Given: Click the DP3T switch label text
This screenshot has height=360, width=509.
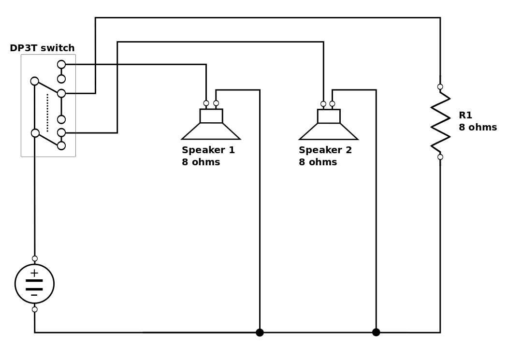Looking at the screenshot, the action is (x=42, y=48).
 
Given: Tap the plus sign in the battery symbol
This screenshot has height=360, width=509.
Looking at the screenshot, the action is (x=34, y=273).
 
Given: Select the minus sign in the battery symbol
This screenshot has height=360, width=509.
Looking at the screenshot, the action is (x=34, y=295).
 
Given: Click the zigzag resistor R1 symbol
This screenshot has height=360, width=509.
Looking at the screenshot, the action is (x=440, y=122).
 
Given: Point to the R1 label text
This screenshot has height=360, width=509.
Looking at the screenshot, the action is (x=465, y=115).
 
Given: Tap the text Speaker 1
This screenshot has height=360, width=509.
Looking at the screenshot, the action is (x=208, y=150).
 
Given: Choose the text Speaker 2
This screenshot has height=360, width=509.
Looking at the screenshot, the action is (x=325, y=150).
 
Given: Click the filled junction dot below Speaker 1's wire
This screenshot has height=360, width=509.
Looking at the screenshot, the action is (x=260, y=332).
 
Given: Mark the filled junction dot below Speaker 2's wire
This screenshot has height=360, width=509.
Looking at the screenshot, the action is (x=376, y=332).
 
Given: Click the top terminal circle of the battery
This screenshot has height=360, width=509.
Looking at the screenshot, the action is (x=35, y=259).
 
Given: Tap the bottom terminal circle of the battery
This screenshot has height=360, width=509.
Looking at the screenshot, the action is (x=35, y=309).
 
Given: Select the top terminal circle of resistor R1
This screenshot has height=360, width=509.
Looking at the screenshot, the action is (x=440, y=86).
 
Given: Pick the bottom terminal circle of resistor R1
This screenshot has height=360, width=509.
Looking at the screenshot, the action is (x=440, y=157).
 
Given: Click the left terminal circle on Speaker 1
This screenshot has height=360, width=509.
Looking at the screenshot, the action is (x=206, y=103).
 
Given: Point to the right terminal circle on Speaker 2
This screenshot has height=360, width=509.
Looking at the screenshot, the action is (x=332, y=104).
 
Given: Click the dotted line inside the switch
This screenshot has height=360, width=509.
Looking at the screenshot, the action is (x=47, y=113).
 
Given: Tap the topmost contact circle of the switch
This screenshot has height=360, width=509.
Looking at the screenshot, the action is (x=61, y=64).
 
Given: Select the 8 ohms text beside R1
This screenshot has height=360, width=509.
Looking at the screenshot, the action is (x=478, y=127).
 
